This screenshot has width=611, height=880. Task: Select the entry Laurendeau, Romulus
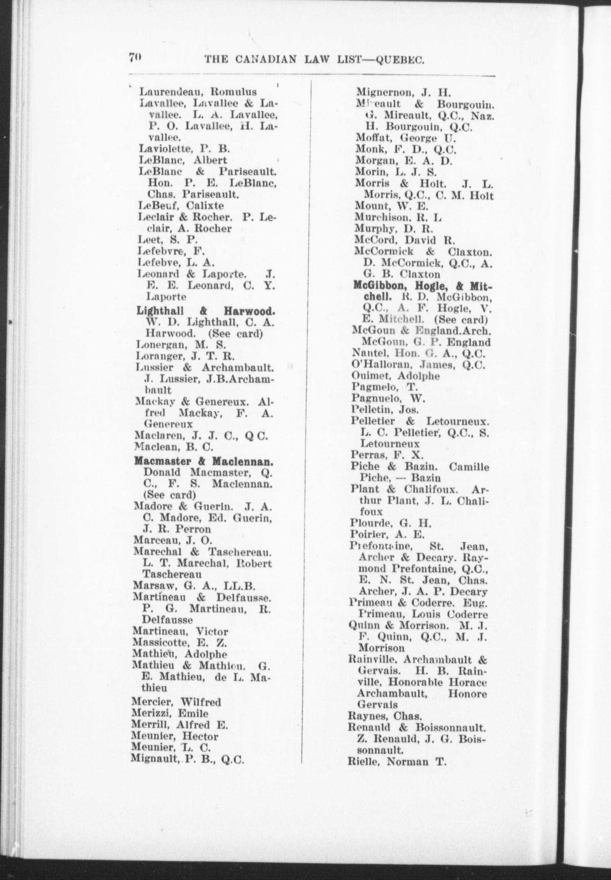pos(198,91)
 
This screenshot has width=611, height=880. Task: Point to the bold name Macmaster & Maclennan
pos(204,462)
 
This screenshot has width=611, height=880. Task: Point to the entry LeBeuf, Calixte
pos(181,205)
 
